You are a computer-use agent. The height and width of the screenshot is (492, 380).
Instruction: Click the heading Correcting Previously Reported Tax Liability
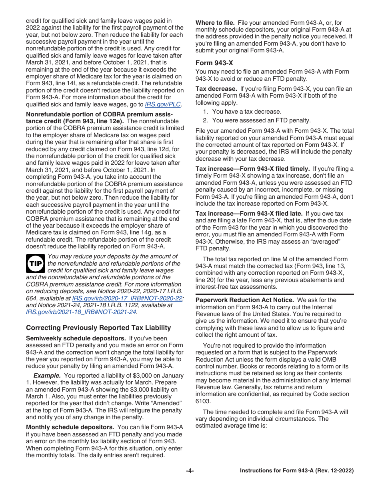(98, 328)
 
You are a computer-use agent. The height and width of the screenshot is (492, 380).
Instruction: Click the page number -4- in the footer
(190, 471)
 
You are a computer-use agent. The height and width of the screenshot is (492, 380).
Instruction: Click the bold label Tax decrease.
(216, 89)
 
